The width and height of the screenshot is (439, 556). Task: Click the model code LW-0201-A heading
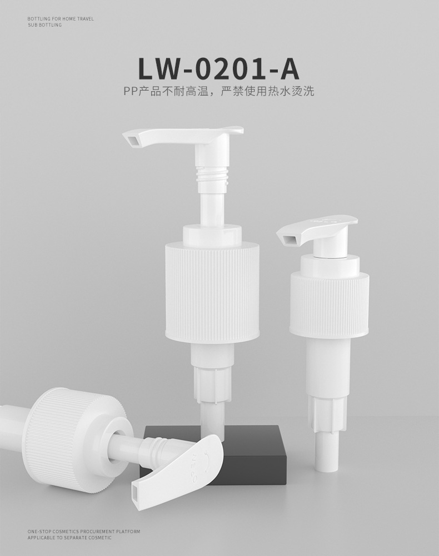coord(218,69)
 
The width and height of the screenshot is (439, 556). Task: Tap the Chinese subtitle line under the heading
coord(219,92)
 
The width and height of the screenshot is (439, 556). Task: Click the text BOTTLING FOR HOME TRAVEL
coord(61,19)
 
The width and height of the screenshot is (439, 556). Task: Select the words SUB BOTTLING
coord(44,25)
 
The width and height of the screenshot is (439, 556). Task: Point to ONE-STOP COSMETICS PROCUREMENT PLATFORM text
coord(83,532)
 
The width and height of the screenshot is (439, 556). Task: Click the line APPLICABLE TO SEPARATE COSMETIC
coord(69,538)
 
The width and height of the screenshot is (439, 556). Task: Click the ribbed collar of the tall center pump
coord(213,288)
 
